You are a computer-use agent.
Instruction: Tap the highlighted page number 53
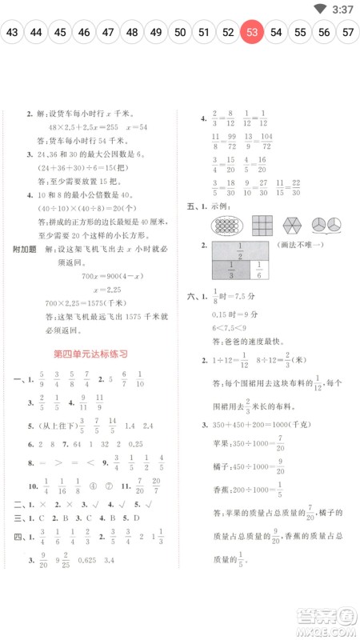point(252,32)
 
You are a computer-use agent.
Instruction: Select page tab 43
point(12,32)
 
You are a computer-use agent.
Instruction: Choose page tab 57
point(348,32)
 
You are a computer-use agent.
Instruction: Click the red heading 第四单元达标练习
point(90,353)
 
